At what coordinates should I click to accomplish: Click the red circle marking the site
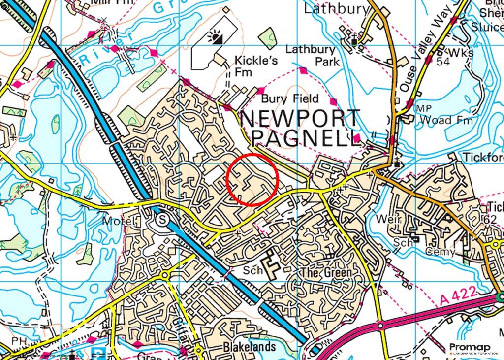252,179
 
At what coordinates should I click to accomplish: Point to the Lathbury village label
336,9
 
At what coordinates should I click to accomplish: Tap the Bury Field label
290,98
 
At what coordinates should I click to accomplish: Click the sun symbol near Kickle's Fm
216,36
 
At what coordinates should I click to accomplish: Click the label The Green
328,272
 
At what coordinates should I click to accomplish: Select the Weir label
387,218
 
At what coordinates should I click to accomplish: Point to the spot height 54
443,62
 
